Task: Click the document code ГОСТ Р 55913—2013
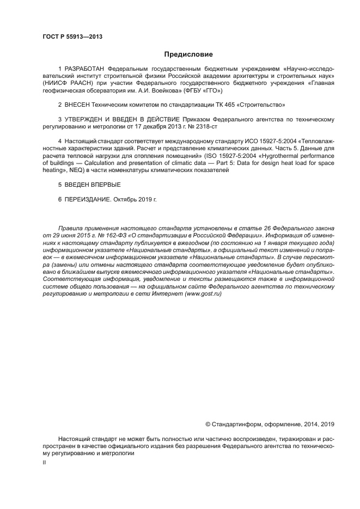pos(72,37)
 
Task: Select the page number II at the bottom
pos(44,462)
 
